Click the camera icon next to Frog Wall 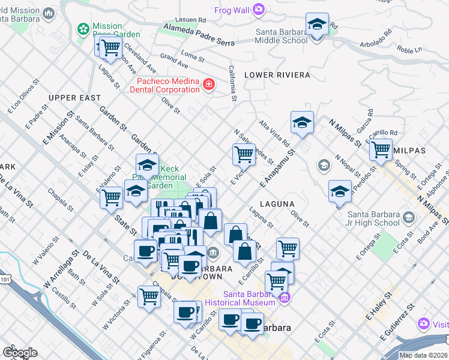point(259,9)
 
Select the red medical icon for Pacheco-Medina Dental point(208,85)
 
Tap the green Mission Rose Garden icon point(83,29)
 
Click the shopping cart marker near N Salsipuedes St point(244,154)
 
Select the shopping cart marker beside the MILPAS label point(381,151)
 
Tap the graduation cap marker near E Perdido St point(340,191)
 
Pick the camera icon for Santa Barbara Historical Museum point(284,297)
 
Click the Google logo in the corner point(20,353)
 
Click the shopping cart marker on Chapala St point(149,295)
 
